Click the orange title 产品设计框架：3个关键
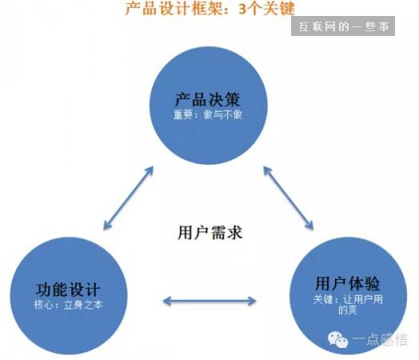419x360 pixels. click(x=210, y=8)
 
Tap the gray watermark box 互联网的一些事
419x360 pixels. click(x=343, y=26)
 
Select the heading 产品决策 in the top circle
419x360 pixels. click(x=208, y=100)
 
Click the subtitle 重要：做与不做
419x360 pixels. click(x=208, y=114)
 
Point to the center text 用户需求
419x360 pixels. click(x=210, y=232)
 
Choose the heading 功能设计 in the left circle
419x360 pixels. click(x=68, y=290)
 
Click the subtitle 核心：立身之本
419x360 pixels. click(x=69, y=305)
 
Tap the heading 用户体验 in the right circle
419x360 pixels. click(x=347, y=283)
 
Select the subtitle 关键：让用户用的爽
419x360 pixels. click(x=348, y=305)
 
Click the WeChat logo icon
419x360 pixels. click(x=338, y=340)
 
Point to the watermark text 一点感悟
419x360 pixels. click(x=380, y=340)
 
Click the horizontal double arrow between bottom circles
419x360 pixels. click(x=209, y=302)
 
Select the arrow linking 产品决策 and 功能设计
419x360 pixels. click(x=128, y=198)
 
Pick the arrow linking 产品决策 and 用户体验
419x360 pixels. click(x=289, y=198)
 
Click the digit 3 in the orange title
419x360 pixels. click(x=242, y=9)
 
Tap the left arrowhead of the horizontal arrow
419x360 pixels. click(x=166, y=302)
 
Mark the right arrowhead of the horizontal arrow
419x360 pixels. click(x=253, y=302)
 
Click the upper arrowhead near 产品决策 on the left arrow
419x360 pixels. click(x=150, y=171)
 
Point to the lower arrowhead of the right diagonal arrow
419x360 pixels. click(x=309, y=225)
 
